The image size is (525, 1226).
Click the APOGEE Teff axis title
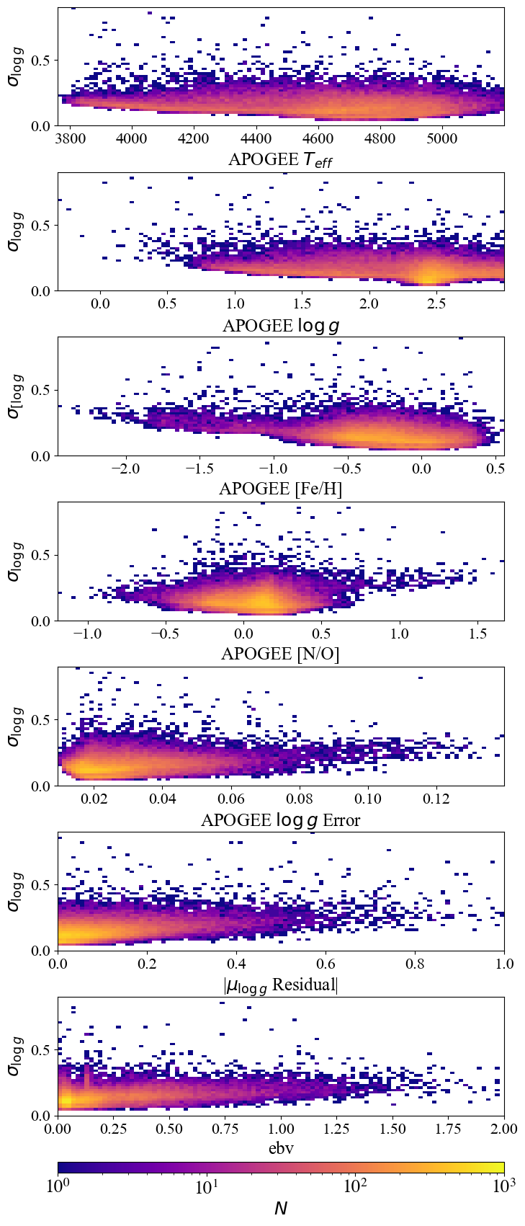click(x=280, y=160)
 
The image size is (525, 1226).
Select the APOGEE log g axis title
click(x=280, y=325)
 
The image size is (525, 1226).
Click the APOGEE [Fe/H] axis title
click(x=280, y=489)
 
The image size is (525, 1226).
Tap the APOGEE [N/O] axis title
click(x=280, y=654)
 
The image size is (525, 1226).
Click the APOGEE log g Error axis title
click(x=280, y=819)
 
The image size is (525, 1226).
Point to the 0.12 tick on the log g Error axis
click(x=436, y=799)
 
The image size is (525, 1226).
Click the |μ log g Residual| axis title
click(x=280, y=985)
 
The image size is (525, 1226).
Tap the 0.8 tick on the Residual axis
click(x=415, y=964)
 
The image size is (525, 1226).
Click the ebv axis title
click(x=280, y=1148)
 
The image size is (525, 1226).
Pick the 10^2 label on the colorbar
click(x=355, y=1187)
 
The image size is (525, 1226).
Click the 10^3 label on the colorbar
click(x=503, y=1187)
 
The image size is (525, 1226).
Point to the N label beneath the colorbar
click(x=280, y=1211)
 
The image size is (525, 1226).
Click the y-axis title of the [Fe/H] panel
click(x=14, y=396)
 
